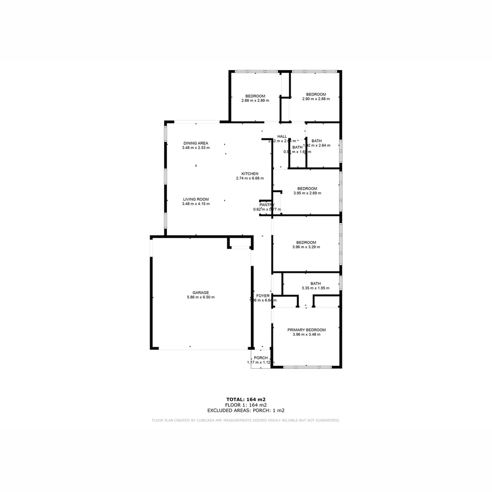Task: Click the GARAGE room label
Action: coord(200,292)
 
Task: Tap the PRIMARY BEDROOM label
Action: coord(306,330)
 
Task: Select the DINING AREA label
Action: coord(195,143)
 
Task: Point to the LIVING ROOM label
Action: coord(196,199)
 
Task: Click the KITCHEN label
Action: coord(250,174)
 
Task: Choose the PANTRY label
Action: coord(266,205)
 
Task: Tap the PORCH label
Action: coord(261,358)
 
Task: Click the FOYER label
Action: coord(263,296)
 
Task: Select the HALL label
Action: coord(282,137)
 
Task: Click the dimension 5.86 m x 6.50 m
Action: coord(200,297)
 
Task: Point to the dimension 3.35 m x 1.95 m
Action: coord(315,288)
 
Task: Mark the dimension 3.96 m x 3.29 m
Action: coord(306,247)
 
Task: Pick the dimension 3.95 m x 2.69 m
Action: coord(307,193)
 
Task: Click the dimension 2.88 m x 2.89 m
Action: coord(255,100)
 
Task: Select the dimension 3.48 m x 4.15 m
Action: coord(196,204)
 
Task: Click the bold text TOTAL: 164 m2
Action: coord(246,400)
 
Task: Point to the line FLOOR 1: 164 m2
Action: coord(246,405)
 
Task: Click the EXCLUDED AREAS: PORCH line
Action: coord(246,410)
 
